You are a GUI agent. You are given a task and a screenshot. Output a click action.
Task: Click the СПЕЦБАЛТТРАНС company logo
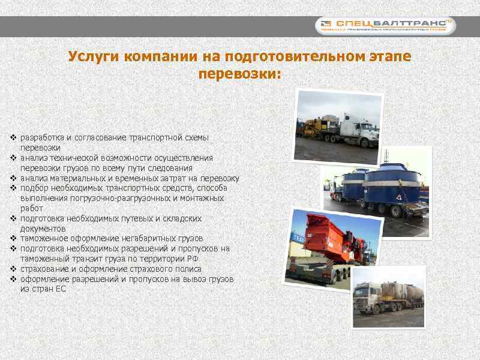(386, 25)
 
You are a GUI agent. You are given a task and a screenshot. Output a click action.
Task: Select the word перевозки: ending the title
(239, 75)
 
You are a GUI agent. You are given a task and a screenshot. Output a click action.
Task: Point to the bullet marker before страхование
(13, 269)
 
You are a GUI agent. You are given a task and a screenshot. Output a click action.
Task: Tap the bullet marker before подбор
(13, 188)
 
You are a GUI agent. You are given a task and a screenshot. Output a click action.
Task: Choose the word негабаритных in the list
(146, 238)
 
